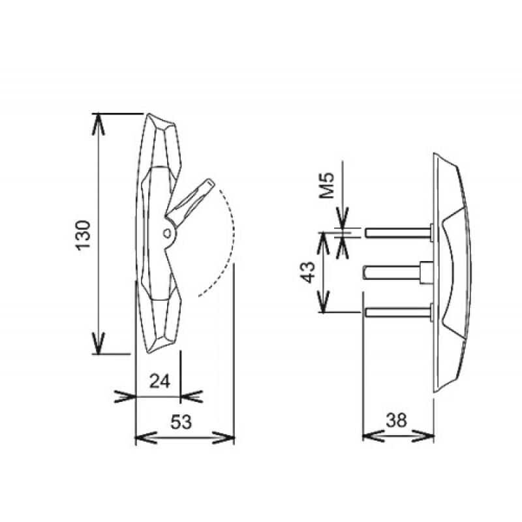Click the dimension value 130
point(84,235)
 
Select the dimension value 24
point(160,381)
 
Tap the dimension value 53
point(181,422)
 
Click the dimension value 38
point(397,420)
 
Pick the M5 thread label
point(327,185)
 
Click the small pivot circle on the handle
point(168,234)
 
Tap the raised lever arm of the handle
point(190,202)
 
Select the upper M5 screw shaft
point(397,232)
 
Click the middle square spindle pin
point(391,273)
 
